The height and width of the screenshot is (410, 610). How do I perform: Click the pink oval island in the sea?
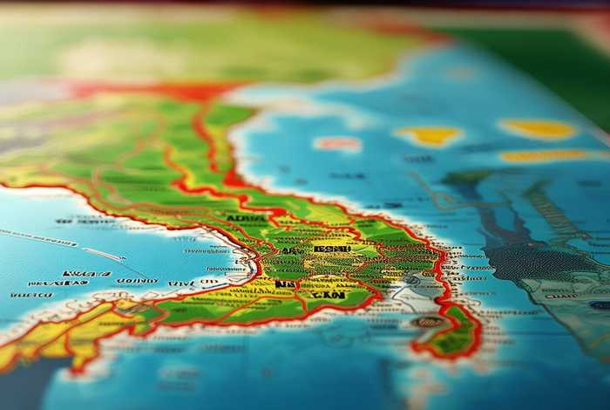pyautogui.click(x=337, y=143)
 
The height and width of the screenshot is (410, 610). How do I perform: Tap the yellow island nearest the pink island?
pyautogui.click(x=429, y=135)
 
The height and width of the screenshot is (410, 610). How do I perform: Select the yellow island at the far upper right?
pyautogui.click(x=538, y=129)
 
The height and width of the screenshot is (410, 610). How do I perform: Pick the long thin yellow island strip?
pyautogui.click(x=542, y=155)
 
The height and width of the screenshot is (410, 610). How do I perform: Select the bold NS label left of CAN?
pyautogui.click(x=284, y=284)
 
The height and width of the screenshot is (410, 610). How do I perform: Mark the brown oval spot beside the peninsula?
pyautogui.click(x=427, y=321)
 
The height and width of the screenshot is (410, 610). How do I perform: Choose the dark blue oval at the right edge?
pyautogui.click(x=600, y=305)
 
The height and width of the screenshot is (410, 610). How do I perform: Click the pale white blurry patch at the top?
pyautogui.click(x=113, y=57)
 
